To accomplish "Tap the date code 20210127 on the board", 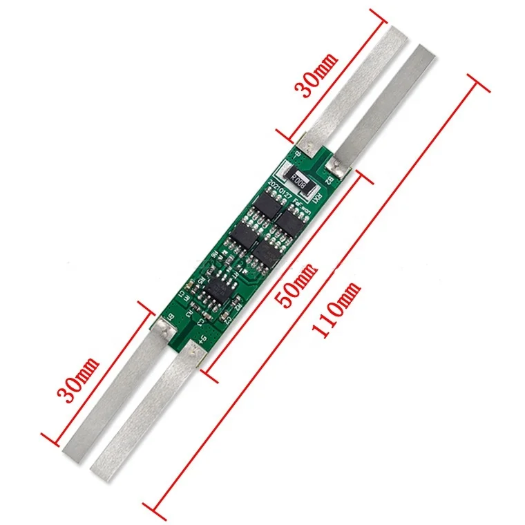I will coord(278,189).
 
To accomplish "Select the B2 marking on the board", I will coord(329,181).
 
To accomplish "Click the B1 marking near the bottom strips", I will coord(172,317).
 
